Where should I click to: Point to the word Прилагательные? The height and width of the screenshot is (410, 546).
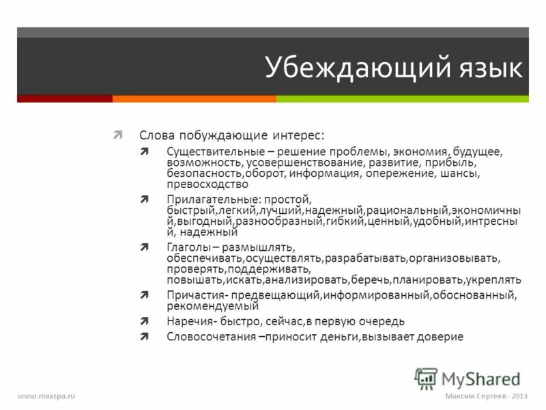(207, 199)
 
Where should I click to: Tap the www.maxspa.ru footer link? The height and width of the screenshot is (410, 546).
(46, 397)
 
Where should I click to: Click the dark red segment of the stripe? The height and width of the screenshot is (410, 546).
(65, 98)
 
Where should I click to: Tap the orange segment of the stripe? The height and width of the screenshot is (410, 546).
(195, 98)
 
